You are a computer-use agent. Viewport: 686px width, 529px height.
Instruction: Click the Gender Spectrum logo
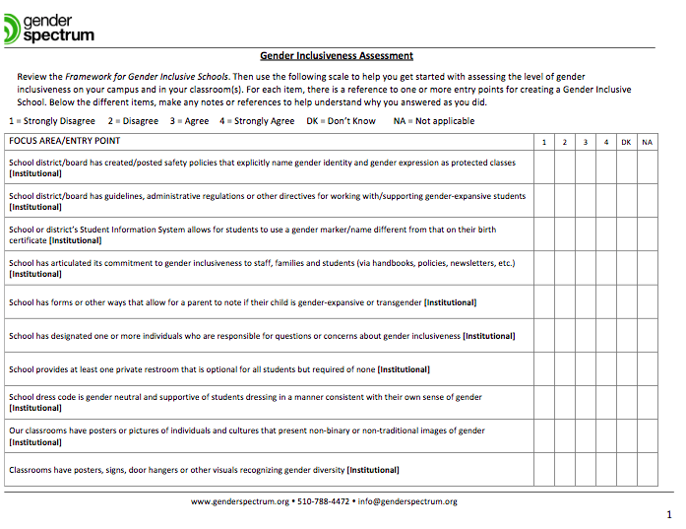pos(49,27)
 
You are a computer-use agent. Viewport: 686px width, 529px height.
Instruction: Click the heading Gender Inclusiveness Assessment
pos(337,56)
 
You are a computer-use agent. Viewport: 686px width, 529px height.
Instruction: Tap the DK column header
pos(626,143)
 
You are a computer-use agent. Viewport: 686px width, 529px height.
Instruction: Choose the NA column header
pos(647,143)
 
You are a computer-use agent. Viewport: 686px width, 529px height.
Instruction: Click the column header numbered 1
pos(544,143)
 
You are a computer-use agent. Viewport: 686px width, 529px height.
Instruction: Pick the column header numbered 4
pos(606,143)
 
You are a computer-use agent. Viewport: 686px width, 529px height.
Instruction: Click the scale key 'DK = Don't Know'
pos(342,121)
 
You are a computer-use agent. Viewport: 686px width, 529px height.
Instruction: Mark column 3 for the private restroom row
pos(586,369)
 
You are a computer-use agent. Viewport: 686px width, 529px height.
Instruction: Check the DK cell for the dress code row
pos(626,402)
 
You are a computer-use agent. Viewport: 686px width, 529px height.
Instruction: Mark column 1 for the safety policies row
pos(544,167)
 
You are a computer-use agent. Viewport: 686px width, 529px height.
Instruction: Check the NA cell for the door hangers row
pos(647,470)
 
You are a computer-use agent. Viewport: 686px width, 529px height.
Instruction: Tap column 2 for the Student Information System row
pos(565,233)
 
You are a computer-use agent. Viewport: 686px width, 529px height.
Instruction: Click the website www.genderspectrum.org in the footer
pos(239,501)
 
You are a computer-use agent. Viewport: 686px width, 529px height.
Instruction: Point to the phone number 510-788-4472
pos(324,501)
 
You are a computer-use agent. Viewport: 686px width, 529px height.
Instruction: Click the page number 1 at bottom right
pos(670,515)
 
